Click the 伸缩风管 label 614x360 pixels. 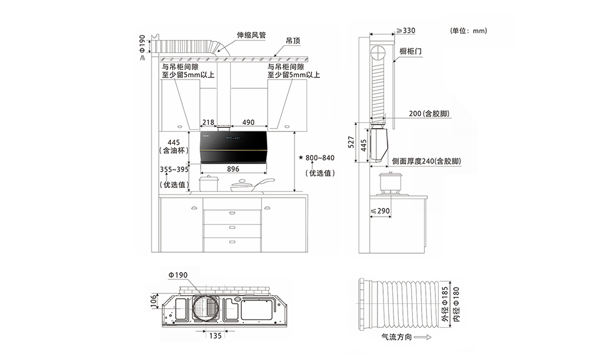[251, 35]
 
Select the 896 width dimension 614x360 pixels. [233, 168]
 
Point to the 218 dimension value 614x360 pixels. [208, 122]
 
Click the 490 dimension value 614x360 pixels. [248, 122]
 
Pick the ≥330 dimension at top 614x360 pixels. [405, 31]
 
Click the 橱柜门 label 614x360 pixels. [410, 51]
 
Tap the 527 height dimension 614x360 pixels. [351, 143]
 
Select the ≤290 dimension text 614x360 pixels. [380, 211]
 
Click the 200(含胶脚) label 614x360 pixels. [428, 113]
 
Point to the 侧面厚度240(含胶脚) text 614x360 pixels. [426, 161]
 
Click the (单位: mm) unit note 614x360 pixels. [469, 31]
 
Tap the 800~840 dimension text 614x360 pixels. [319, 158]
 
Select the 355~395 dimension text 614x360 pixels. [174, 169]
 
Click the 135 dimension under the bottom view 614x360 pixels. [215, 336]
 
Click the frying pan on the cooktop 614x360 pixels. [249, 185]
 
